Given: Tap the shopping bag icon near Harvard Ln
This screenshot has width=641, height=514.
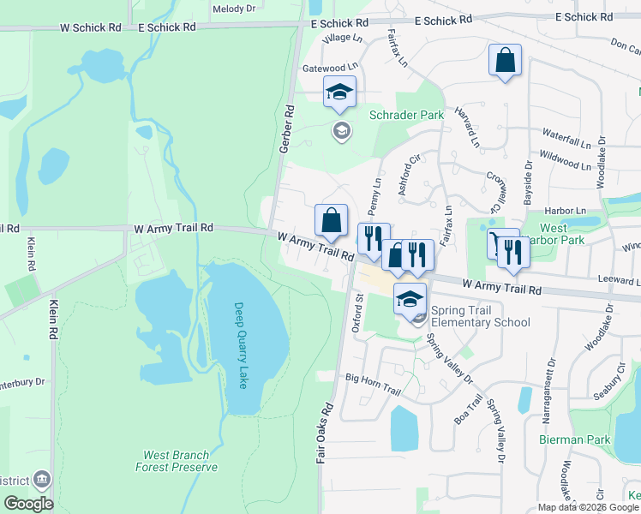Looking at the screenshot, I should tap(505, 61).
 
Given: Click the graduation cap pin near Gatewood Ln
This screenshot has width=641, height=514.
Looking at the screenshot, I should tap(339, 92).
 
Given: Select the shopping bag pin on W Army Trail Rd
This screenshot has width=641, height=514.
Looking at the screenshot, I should tap(331, 220).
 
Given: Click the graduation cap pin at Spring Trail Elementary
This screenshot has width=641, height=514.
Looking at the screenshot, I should tap(410, 299).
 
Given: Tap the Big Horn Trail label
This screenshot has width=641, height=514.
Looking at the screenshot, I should tap(373, 377).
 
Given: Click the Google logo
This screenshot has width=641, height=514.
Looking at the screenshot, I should tap(29, 504).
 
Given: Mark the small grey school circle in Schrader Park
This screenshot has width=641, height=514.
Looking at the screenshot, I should tap(341, 130).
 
